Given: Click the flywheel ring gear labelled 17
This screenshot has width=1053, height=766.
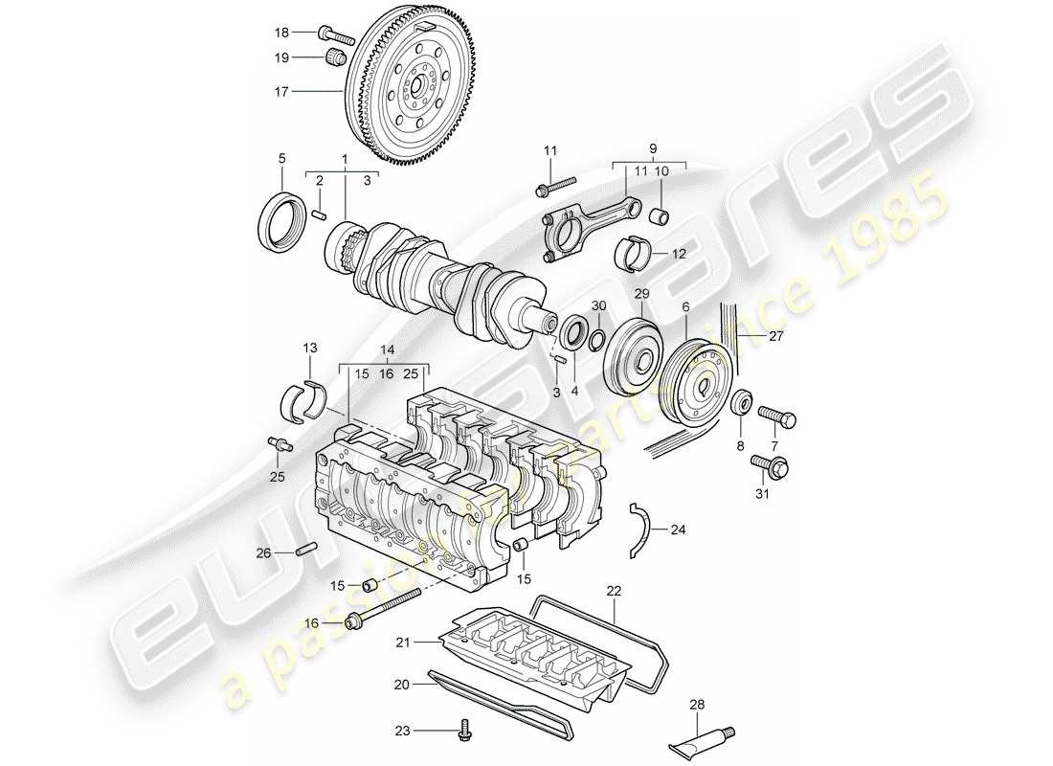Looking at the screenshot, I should pyautogui.click(x=421, y=86).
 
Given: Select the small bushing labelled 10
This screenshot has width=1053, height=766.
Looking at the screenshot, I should pyautogui.click(x=659, y=212).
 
